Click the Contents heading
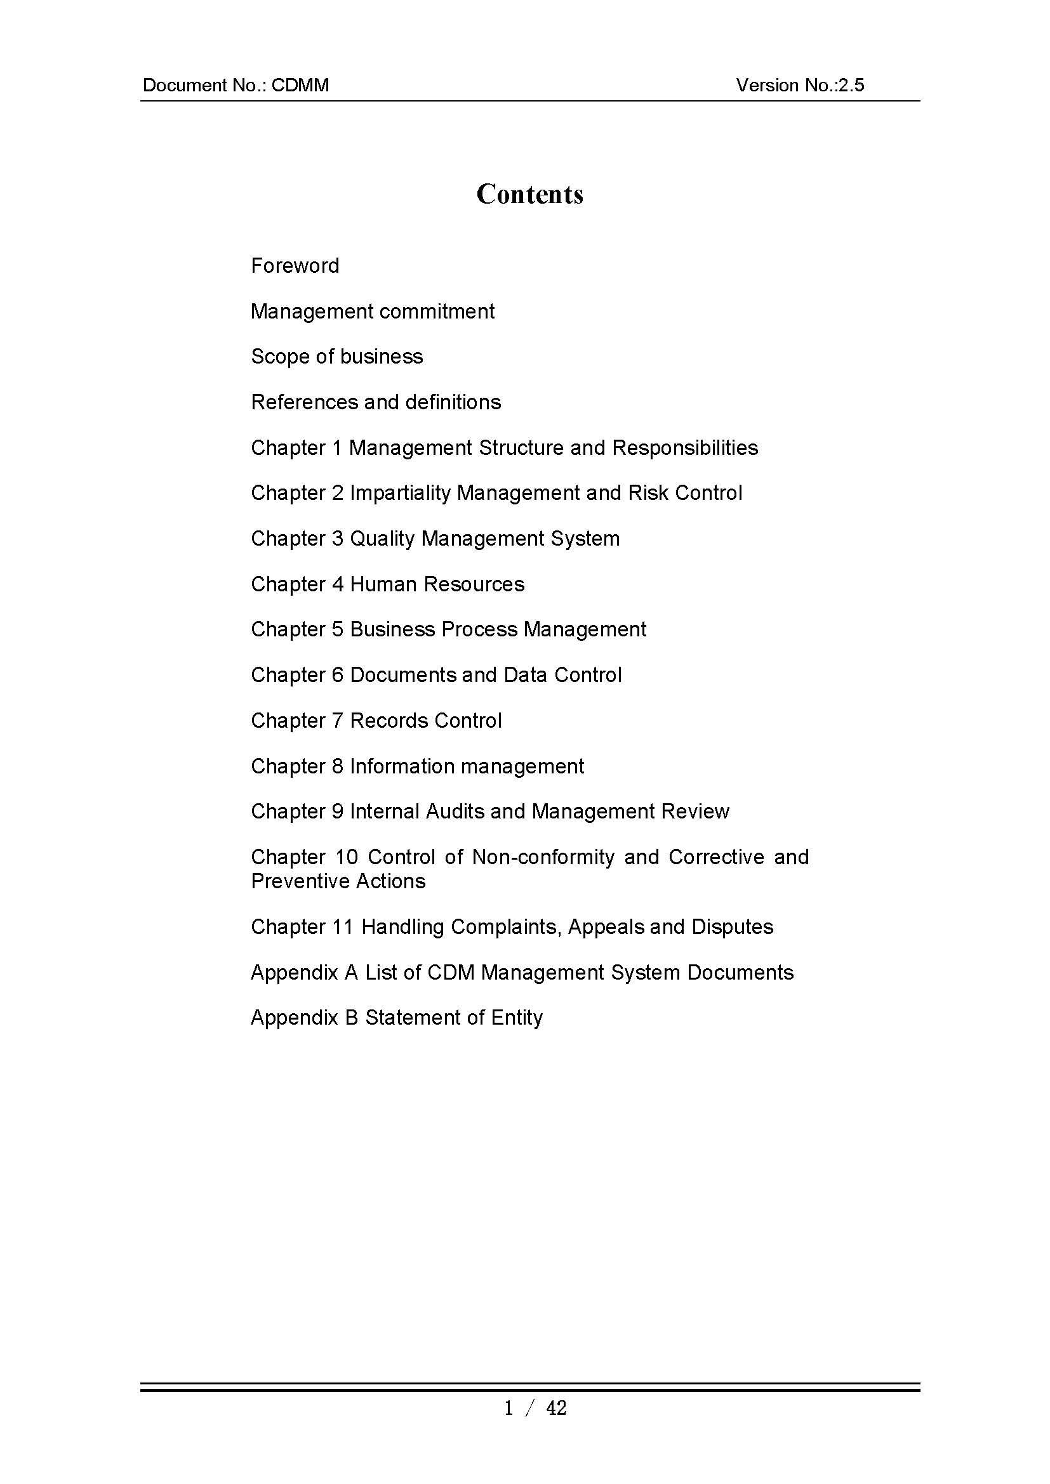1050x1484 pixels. pyautogui.click(x=529, y=194)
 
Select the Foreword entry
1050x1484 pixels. pyautogui.click(x=295, y=266)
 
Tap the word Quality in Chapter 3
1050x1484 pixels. pyautogui.click(x=382, y=539)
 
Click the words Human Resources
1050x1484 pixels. pyautogui.click(x=437, y=584)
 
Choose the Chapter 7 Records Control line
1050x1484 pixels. pyautogui.click(x=376, y=721)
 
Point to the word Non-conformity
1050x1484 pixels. pyautogui.click(x=543, y=857)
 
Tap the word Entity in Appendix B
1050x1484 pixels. pyautogui.click(x=517, y=1018)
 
